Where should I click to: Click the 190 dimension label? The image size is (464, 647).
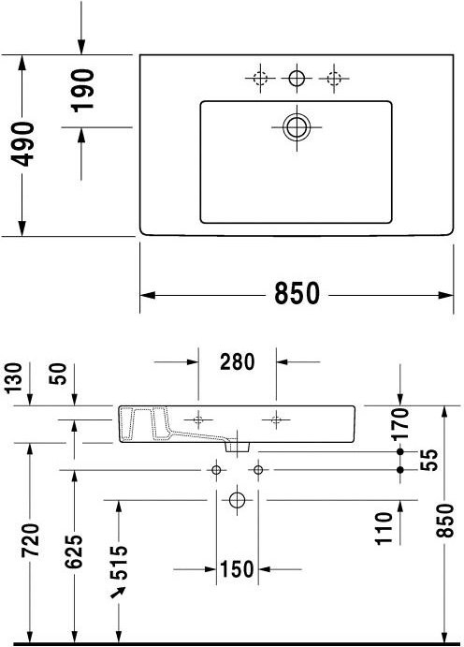(x=83, y=91)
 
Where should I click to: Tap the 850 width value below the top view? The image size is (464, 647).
(x=297, y=293)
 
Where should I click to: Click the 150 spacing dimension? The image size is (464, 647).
(x=238, y=568)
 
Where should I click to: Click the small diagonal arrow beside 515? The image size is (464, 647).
(x=118, y=593)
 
